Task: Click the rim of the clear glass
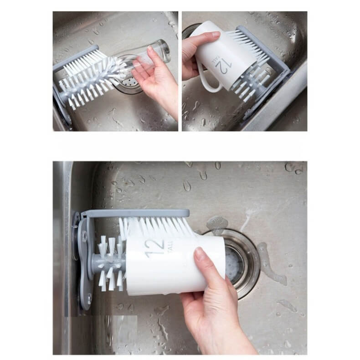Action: (x=165, y=51)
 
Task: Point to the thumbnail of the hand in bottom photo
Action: (x=199, y=254)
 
